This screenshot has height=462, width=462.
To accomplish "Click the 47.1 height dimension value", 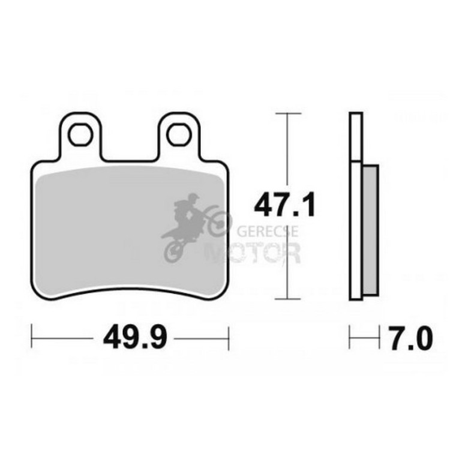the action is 284,204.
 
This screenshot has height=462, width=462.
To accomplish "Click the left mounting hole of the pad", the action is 80,134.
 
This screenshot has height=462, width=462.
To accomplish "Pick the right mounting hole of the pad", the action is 179,134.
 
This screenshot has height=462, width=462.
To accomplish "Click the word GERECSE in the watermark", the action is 268,232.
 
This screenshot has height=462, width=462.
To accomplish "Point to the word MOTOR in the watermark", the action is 253,253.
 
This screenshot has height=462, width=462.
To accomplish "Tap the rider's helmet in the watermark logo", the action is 193,198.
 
